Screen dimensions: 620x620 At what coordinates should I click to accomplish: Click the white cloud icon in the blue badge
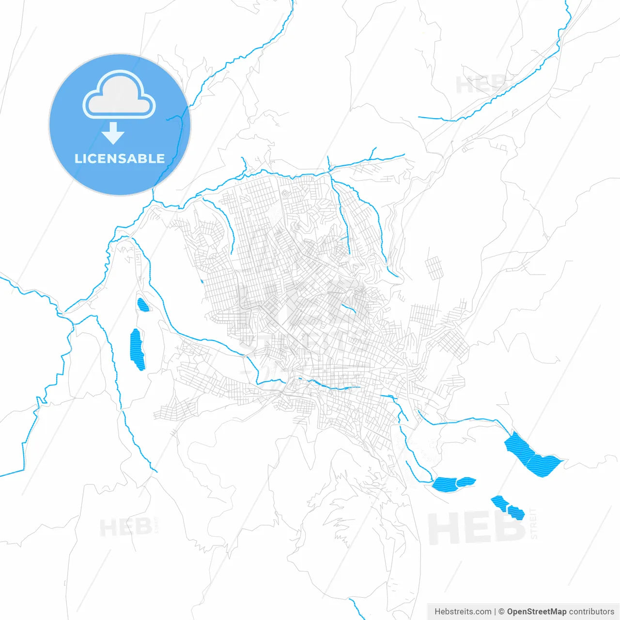[119, 95]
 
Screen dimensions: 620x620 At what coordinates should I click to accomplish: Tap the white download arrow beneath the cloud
[113, 133]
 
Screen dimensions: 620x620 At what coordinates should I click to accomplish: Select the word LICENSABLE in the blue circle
[120, 159]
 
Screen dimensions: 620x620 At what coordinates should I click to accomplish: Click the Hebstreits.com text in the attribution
[463, 612]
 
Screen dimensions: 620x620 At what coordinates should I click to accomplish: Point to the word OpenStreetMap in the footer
[536, 612]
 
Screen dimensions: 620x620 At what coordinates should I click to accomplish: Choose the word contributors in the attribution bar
[591, 612]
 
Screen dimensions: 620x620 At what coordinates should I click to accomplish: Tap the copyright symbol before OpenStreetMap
[501, 612]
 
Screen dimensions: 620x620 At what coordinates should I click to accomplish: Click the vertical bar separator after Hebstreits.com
[495, 612]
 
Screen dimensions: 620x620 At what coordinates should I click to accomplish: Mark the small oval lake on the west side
[143, 305]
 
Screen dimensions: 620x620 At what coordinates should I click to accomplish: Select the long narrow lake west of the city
[137, 349]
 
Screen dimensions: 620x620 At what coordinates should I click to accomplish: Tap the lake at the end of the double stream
[453, 483]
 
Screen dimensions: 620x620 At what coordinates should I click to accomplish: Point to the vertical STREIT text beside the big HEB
[534, 524]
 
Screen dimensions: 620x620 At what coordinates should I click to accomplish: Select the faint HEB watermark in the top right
[480, 84]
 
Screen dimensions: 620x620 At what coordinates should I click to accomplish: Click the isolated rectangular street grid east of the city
[434, 267]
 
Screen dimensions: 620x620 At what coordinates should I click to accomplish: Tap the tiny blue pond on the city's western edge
[201, 281]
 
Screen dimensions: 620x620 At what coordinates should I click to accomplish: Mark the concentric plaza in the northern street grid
[284, 194]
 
